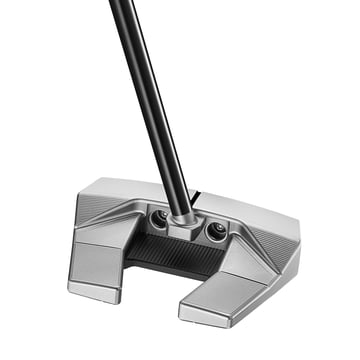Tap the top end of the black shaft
click(119, 5)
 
